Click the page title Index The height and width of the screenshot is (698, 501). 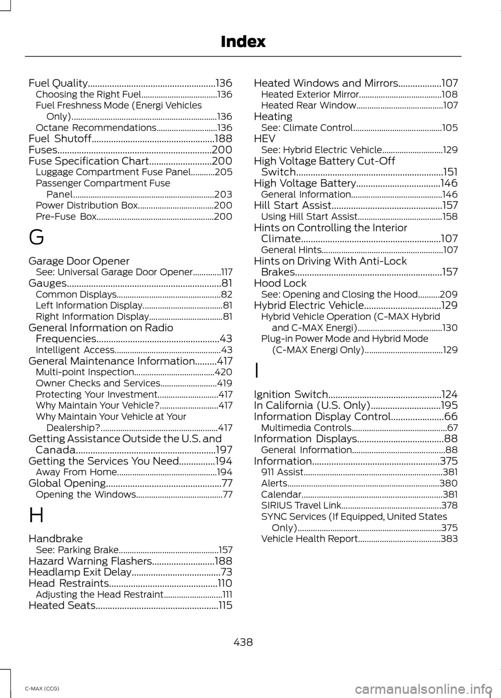pyautogui.click(x=243, y=42)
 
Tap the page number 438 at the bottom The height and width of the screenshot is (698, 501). pyautogui.click(x=243, y=642)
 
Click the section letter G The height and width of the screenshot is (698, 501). pyautogui.click(x=36, y=238)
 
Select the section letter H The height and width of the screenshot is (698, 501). pyautogui.click(x=36, y=515)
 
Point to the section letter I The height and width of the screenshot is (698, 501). pyautogui.click(x=256, y=371)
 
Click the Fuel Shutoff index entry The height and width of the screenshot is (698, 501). pyautogui.click(x=60, y=139)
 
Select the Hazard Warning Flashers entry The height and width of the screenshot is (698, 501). pyautogui.click(x=90, y=561)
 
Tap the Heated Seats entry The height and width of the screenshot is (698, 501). pyautogui.click(x=62, y=606)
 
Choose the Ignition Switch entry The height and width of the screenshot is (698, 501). pyautogui.click(x=291, y=395)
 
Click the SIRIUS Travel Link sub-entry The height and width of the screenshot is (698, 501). pyautogui.click(x=301, y=505)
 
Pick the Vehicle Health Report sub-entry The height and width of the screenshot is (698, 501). pyautogui.click(x=309, y=539)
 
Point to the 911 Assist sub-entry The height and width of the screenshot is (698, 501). pyautogui.click(x=282, y=472)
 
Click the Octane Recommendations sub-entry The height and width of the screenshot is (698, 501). pyautogui.click(x=96, y=128)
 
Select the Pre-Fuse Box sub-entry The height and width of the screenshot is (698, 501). pyautogui.click(x=66, y=217)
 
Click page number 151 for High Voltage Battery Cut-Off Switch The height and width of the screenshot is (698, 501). pyautogui.click(x=450, y=172)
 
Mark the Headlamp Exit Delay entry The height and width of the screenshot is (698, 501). pyautogui.click(x=79, y=572)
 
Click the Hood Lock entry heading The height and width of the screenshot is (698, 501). pyautogui.click(x=280, y=283)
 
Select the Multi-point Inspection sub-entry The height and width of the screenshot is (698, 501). pyautogui.click(x=85, y=372)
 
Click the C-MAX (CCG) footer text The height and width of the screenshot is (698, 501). pyautogui.click(x=42, y=689)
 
